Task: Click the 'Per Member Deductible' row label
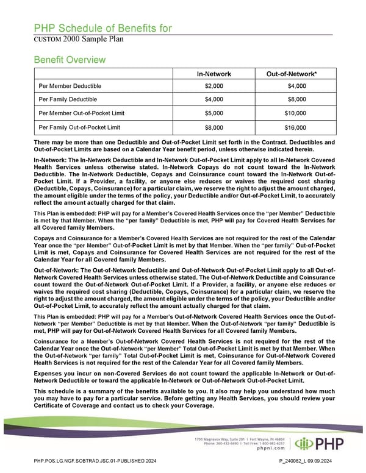tap(70, 86)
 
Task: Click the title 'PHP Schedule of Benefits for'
tap(102, 29)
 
